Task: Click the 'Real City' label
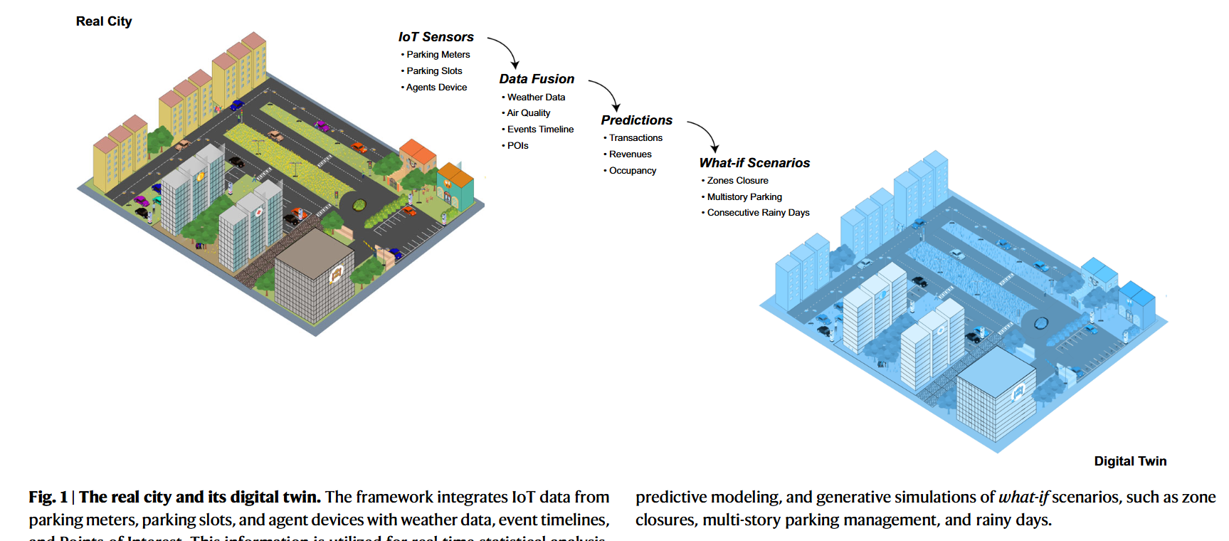pos(104,21)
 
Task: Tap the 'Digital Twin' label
pos(1130,461)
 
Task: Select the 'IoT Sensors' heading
pos(436,37)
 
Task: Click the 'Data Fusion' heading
pos(537,79)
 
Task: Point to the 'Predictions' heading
pos(636,120)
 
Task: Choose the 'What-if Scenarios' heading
pos(754,163)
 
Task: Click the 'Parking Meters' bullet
pos(438,55)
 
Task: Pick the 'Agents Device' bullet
pos(436,88)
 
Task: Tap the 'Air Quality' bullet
pos(528,113)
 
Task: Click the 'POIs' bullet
pos(517,146)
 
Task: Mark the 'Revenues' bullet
pos(630,154)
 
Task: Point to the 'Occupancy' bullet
pos(632,171)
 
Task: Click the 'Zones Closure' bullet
pos(737,181)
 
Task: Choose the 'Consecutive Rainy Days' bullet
pos(758,213)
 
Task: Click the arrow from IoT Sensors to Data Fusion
pos(505,50)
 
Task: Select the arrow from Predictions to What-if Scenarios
pos(705,133)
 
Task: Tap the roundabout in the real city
pos(359,205)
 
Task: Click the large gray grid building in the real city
pos(314,274)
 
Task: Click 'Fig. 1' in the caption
pos(48,497)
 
